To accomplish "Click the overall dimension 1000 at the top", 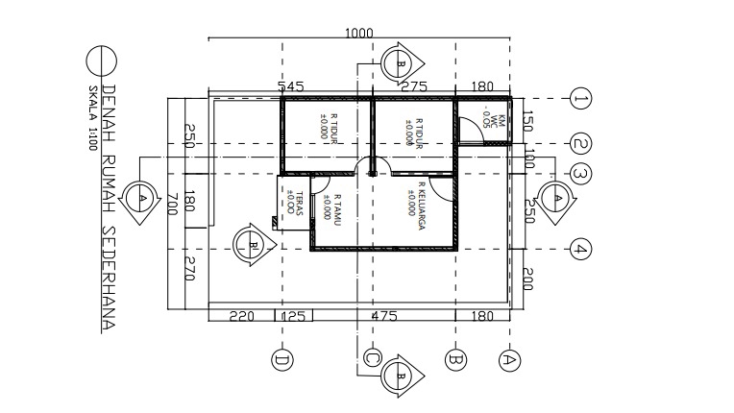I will pos(358,33).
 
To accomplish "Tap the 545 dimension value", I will pos(291,87).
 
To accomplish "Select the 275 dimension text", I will pos(413,87).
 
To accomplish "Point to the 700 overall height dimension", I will pos(173,204).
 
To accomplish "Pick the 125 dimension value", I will pos(294,316).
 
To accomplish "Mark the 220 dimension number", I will pos(241,316).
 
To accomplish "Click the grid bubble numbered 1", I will pos(579,98).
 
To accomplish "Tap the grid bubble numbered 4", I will pos(579,248).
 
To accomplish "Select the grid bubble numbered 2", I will pos(579,144).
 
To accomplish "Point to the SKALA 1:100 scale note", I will pos(93,111).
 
